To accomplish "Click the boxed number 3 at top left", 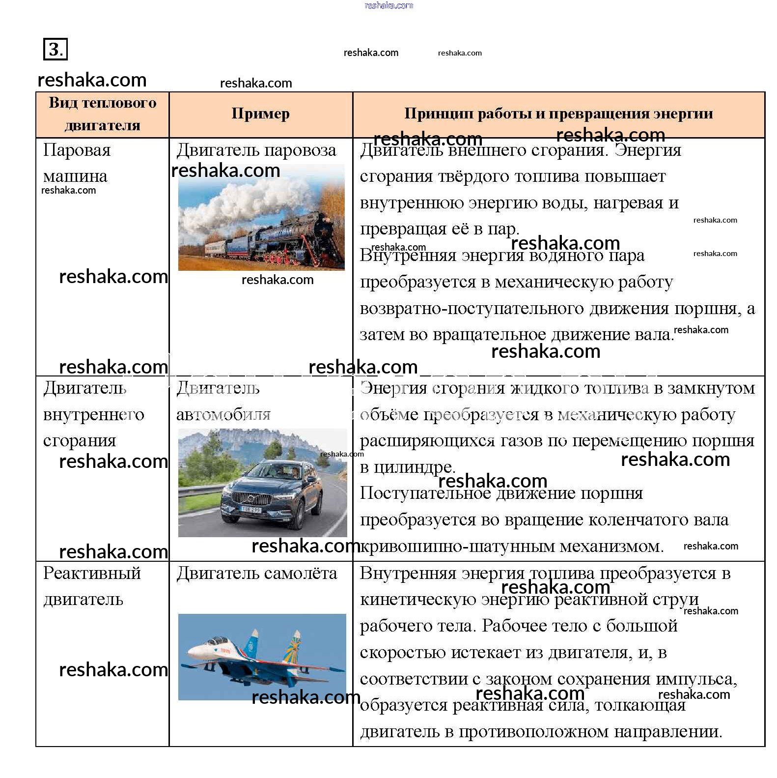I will point(55,49).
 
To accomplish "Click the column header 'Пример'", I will point(260,114).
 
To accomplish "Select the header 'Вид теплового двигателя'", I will point(102,114).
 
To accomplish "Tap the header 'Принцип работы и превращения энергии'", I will point(558,114).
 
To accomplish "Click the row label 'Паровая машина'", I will point(76,163).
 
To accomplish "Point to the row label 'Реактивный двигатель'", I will point(91,586).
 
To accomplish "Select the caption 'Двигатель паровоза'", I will point(256,150).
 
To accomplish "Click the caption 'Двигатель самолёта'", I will point(256,574).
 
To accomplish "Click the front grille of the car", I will point(251,499).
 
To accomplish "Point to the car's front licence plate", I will point(251,510).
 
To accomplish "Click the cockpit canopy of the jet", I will point(216,641).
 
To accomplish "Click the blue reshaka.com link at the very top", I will point(388,5).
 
